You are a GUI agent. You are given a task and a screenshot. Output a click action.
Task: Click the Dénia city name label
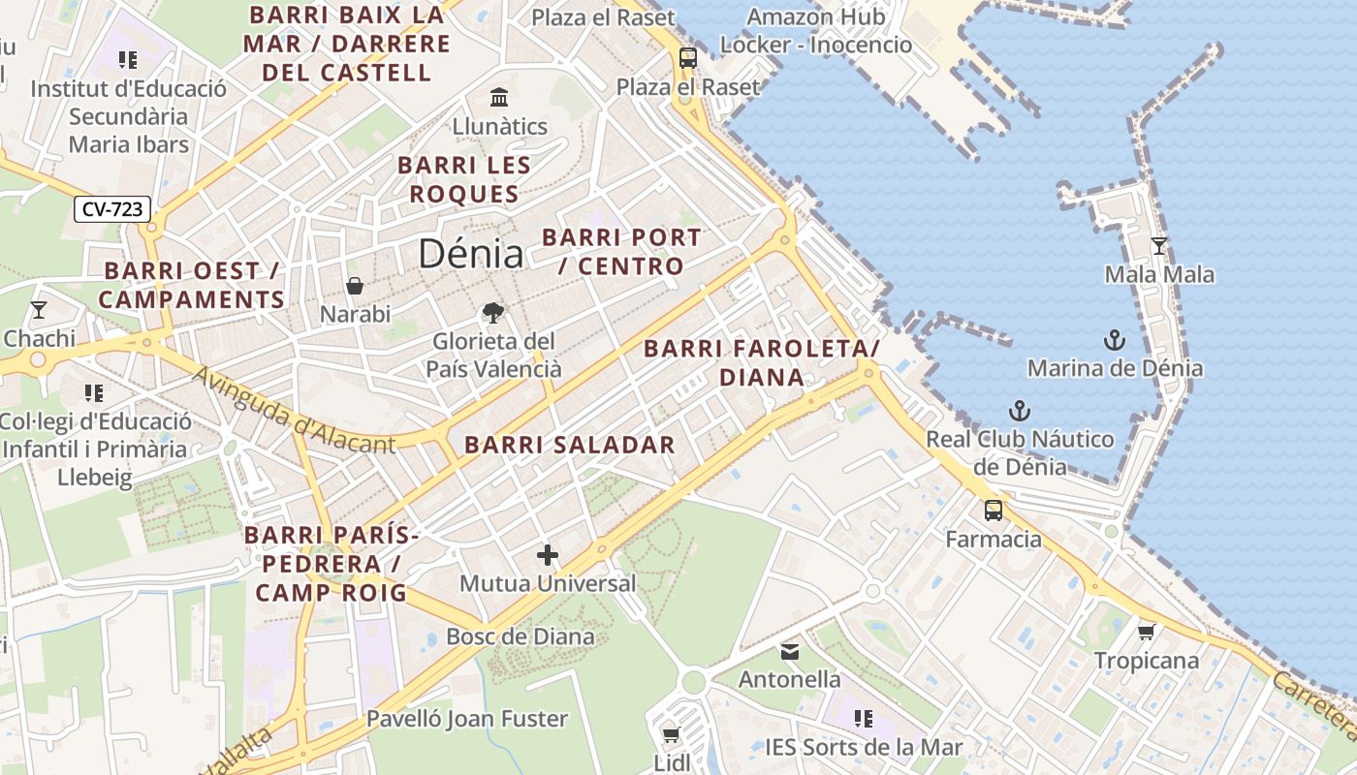pyautogui.click(x=471, y=254)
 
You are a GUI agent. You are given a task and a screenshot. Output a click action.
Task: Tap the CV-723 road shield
pyautogui.click(x=112, y=209)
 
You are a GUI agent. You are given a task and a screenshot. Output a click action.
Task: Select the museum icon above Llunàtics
pyautogui.click(x=499, y=97)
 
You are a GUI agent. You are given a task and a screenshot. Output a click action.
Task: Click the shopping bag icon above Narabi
pyautogui.click(x=355, y=286)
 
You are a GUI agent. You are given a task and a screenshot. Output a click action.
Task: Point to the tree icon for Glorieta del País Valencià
pyautogui.click(x=493, y=313)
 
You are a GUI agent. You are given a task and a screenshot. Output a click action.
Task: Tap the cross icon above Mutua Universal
pyautogui.click(x=548, y=555)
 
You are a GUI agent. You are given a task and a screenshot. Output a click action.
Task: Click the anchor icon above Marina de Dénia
pyautogui.click(x=1115, y=340)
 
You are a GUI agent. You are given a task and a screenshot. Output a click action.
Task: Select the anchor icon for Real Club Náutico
pyautogui.click(x=1019, y=411)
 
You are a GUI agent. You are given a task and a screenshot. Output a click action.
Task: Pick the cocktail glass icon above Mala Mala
pyautogui.click(x=1158, y=246)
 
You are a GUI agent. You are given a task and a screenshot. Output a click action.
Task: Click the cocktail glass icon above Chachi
pyautogui.click(x=39, y=310)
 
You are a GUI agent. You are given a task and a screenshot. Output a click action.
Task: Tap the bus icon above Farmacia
pyautogui.click(x=994, y=511)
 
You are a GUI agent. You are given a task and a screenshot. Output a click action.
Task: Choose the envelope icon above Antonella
pyautogui.click(x=790, y=651)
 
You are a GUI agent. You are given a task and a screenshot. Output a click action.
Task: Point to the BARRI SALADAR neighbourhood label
pyautogui.click(x=569, y=446)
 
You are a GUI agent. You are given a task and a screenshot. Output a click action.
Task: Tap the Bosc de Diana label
pyautogui.click(x=520, y=636)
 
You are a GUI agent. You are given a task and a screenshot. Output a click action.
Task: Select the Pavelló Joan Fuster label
pyautogui.click(x=466, y=719)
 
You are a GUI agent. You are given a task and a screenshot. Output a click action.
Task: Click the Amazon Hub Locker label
pyautogui.click(x=816, y=31)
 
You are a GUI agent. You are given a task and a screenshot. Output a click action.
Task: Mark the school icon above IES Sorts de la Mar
pyautogui.click(x=863, y=719)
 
